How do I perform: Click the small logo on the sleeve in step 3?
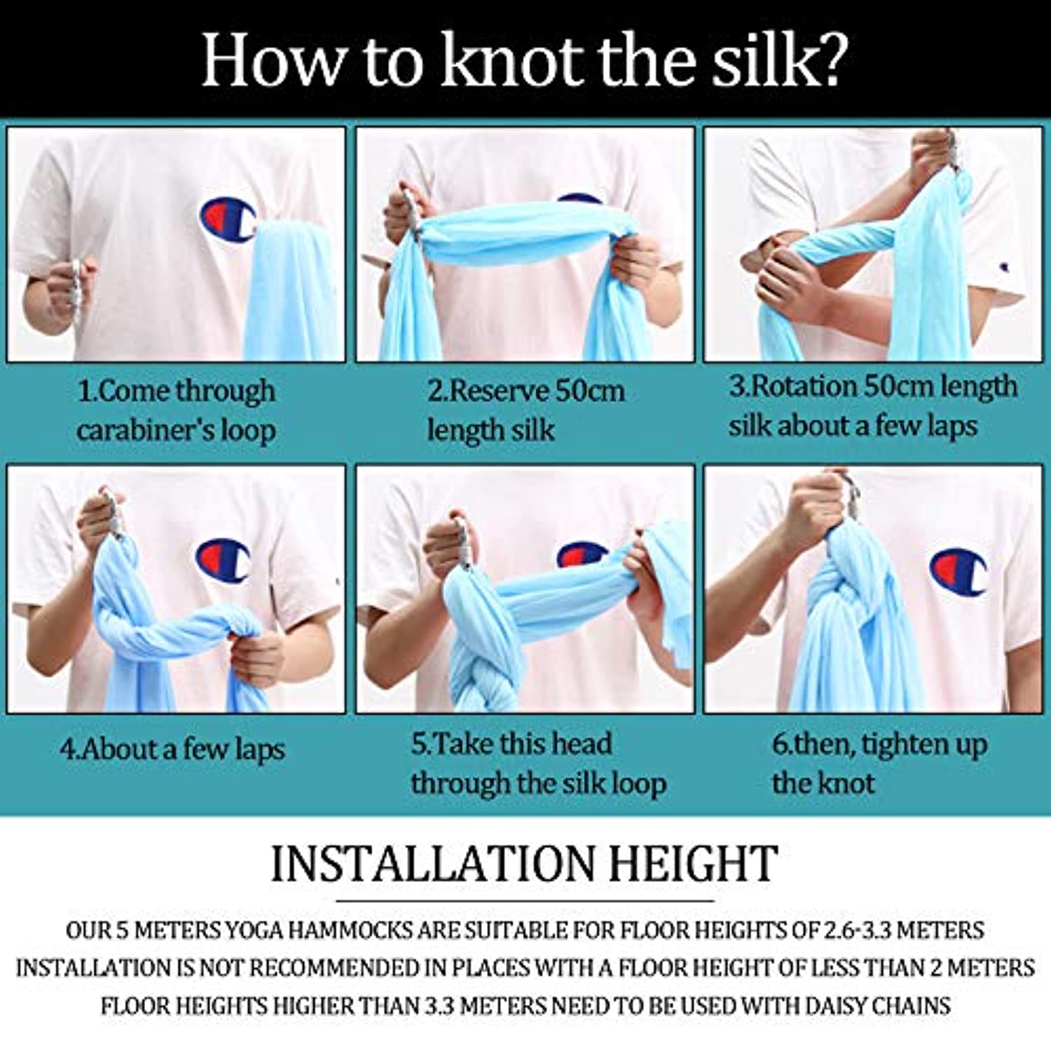tap(1004, 267)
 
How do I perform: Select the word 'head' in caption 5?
tap(580, 743)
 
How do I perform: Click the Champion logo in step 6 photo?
tap(959, 571)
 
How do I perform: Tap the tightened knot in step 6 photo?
tap(844, 582)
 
